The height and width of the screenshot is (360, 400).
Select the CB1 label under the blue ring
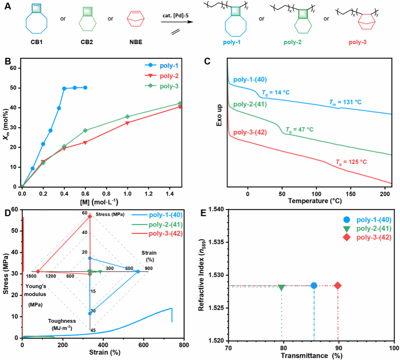click(37, 41)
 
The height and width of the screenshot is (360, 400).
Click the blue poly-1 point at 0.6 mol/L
click(85, 88)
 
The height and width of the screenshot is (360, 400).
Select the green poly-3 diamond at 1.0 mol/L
click(127, 117)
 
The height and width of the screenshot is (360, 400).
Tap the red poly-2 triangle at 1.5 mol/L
click(180, 107)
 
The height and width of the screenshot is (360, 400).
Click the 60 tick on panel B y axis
click(15, 68)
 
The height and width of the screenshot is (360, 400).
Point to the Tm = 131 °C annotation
click(345, 102)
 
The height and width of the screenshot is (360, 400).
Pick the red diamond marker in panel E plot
click(338, 285)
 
